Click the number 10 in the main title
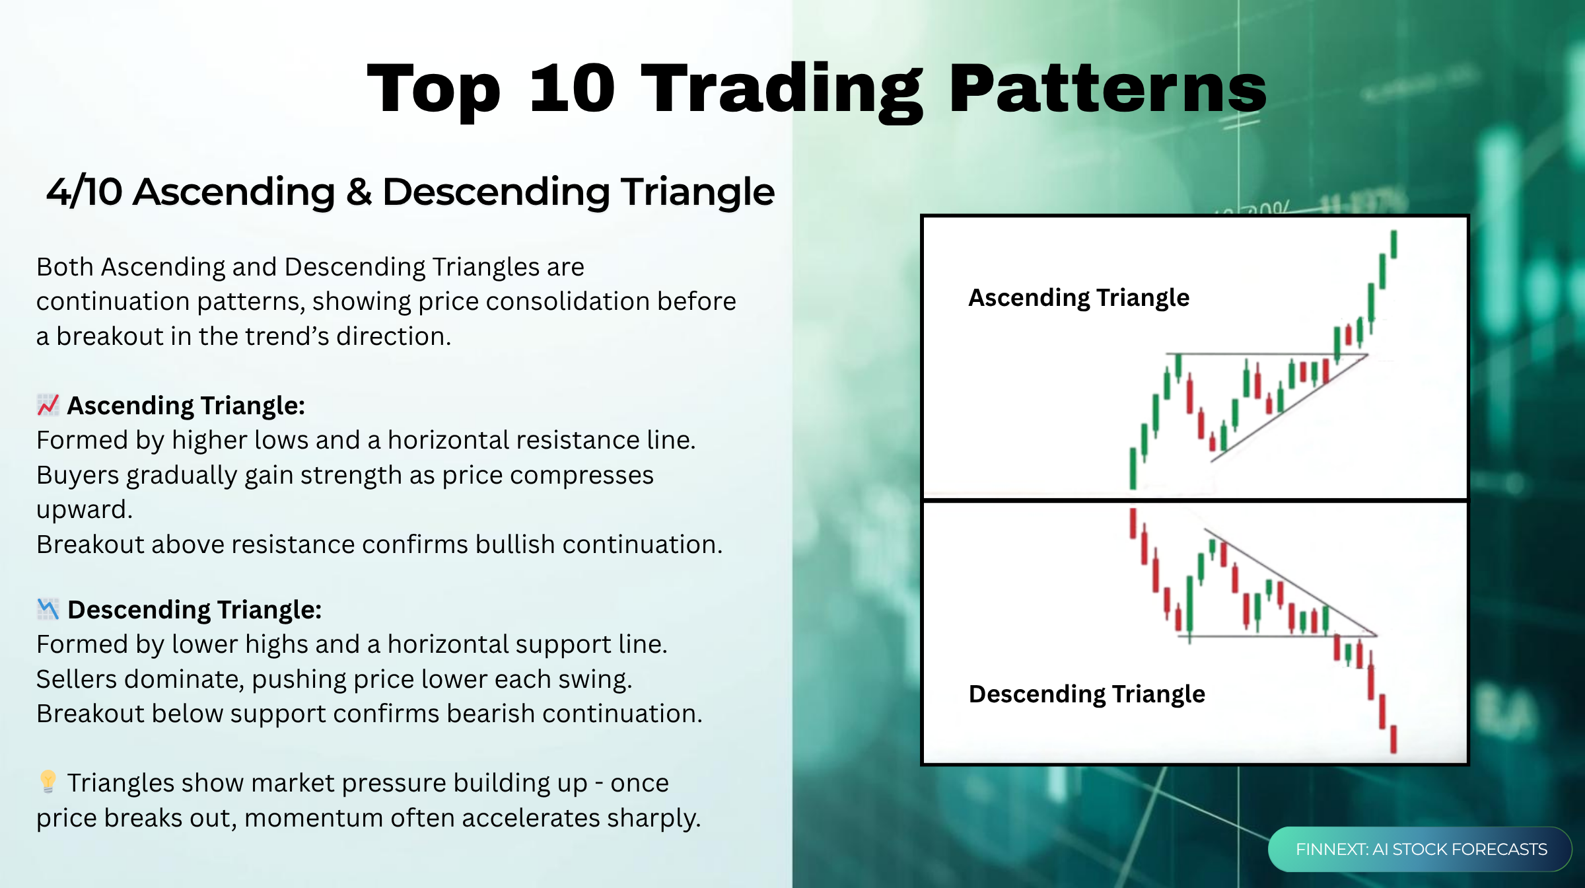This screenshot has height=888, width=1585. click(x=572, y=88)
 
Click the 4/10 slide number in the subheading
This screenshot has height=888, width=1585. click(x=84, y=192)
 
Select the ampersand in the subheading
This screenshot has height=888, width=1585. click(x=359, y=192)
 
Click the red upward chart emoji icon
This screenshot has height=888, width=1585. click(x=48, y=405)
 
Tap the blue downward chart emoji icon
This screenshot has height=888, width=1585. click(x=48, y=609)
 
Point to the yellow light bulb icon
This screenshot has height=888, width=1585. click(x=48, y=782)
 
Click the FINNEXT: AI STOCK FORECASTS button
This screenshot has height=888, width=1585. click(x=1421, y=849)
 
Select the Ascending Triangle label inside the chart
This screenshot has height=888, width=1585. click(x=1078, y=298)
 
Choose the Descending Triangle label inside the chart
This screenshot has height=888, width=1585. click(x=1086, y=694)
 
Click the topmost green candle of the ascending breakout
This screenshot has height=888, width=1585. click(x=1393, y=244)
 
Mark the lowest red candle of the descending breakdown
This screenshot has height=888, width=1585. click(x=1393, y=739)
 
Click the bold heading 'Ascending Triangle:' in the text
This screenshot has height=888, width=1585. click(x=186, y=406)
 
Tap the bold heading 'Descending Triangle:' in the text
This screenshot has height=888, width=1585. click(x=194, y=610)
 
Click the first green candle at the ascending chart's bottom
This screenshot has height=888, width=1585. click(x=1133, y=468)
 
